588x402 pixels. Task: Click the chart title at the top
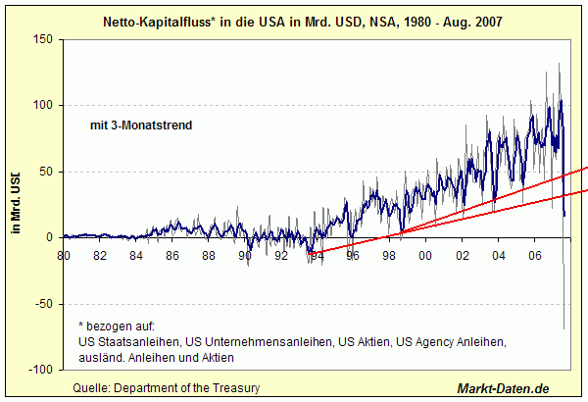pyautogui.click(x=294, y=21)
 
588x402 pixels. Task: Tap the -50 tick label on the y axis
pyautogui.click(x=42, y=304)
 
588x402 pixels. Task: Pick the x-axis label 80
pyautogui.click(x=64, y=257)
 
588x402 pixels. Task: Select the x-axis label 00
pyautogui.click(x=425, y=257)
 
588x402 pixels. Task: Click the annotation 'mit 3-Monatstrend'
pyautogui.click(x=133, y=126)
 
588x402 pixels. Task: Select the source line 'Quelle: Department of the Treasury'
pyautogui.click(x=167, y=388)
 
